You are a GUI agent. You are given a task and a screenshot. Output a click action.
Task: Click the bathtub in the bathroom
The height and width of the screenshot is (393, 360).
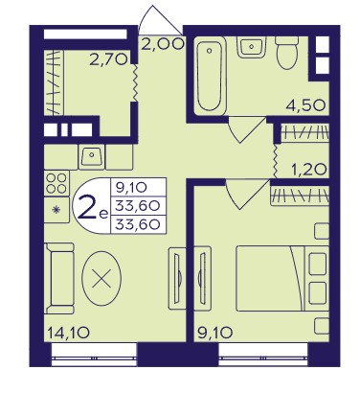tap(210, 76)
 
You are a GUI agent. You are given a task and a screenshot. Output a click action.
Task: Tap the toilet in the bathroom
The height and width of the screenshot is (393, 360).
tap(287, 53)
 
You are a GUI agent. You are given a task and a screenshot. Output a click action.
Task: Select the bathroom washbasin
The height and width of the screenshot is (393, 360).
tap(252, 47)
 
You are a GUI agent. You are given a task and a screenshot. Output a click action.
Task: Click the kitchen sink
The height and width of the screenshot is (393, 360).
tap(92, 156)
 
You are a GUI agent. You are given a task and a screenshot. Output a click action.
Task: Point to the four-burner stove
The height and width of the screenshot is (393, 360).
tap(56, 183)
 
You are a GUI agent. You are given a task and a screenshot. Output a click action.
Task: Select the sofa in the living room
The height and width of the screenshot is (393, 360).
tap(59, 278)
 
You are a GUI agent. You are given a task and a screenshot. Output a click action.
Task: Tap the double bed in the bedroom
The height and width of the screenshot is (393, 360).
tap(282, 278)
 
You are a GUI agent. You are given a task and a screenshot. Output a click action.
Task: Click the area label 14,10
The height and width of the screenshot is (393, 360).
tap(68, 334)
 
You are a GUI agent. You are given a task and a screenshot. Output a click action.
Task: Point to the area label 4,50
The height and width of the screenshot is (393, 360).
tap(305, 104)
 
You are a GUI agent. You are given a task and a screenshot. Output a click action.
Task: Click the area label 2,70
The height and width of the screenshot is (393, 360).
tap(108, 59)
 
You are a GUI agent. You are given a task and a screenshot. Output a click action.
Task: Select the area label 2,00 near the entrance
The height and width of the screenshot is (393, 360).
tap(163, 43)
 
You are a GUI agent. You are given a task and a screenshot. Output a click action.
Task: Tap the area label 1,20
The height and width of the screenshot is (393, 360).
tap(309, 169)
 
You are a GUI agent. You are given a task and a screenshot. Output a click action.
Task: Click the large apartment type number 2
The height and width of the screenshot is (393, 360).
tap(87, 206)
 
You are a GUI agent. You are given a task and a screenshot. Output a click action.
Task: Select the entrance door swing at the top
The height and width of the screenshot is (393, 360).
tap(161, 20)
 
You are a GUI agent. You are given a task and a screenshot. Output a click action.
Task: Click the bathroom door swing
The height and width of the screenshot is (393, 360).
tap(247, 129)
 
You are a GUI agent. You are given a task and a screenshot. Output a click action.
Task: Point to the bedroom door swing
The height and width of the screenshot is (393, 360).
tap(247, 194)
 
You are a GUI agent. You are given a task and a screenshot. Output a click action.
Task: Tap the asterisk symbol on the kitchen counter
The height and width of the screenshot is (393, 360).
tap(56, 210)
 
